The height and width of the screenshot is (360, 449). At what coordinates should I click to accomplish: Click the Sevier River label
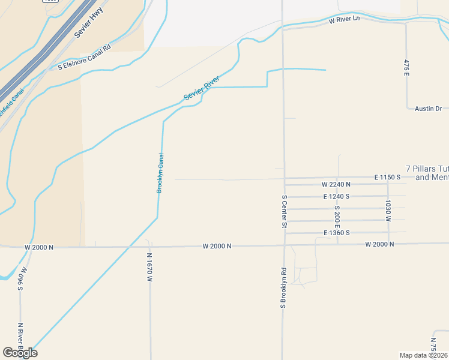[x=202, y=88]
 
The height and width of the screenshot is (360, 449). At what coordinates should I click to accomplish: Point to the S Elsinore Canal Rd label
[x=85, y=58]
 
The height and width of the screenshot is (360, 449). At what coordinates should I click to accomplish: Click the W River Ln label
[x=344, y=20]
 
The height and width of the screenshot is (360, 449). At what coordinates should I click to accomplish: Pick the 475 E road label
[x=406, y=67]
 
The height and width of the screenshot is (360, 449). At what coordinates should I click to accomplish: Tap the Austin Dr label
[x=428, y=109]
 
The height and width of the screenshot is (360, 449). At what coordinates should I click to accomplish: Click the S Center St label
[x=285, y=211]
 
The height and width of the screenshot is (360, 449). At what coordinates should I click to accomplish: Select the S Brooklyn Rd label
[x=283, y=288]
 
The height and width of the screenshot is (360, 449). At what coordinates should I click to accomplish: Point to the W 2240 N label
[x=336, y=184]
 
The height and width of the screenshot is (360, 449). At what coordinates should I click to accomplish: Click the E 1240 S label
[x=336, y=196]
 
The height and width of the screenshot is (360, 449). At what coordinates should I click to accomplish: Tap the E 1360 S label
[x=336, y=232]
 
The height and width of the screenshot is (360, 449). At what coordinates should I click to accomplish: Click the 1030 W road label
[x=388, y=211]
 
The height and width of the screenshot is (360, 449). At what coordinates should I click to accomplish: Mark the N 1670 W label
[x=149, y=267]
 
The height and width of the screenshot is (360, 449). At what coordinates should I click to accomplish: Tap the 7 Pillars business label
[x=427, y=173]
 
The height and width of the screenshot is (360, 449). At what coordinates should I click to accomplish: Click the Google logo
[x=20, y=353]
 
